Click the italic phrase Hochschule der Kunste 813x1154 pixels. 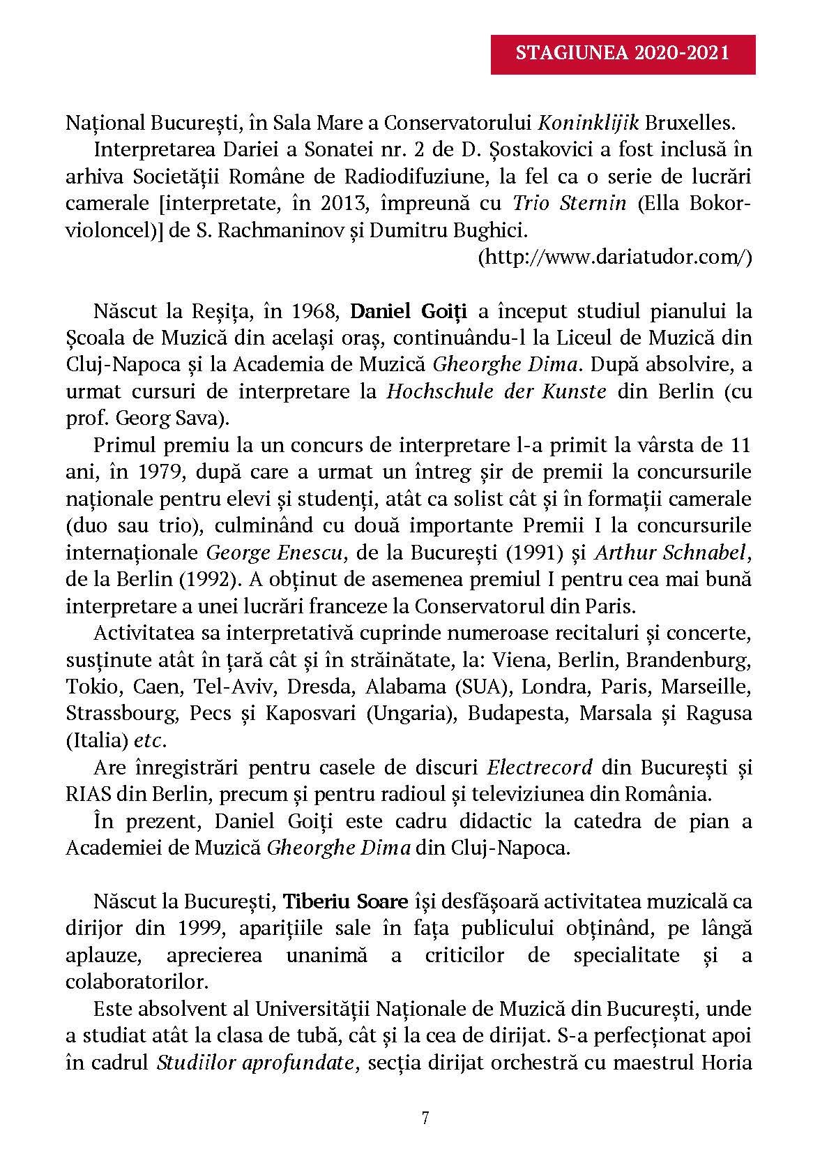496,391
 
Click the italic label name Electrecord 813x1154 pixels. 540,767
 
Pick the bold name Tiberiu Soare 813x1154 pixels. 345,902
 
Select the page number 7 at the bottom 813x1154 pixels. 425,1119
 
